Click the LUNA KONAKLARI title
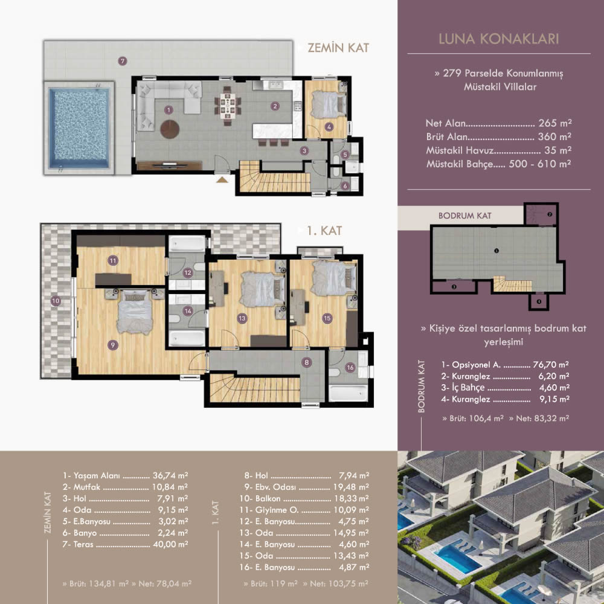click(499, 39)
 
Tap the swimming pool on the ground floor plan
click(80, 127)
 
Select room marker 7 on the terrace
click(123, 61)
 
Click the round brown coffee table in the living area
click(170, 129)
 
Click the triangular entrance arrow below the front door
click(222, 179)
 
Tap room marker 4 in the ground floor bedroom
click(329, 127)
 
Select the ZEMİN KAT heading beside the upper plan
click(338, 48)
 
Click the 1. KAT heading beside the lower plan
click(324, 231)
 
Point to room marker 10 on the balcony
click(56, 301)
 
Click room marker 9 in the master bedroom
click(113, 345)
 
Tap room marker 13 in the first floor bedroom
click(242, 318)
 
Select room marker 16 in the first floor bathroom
click(350, 367)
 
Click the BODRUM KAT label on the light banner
click(464, 216)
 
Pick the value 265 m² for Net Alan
click(555, 123)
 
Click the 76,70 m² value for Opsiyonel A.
click(551, 364)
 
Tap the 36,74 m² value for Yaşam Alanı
click(170, 476)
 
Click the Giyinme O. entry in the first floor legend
click(277, 510)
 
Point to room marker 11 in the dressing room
click(113, 261)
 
